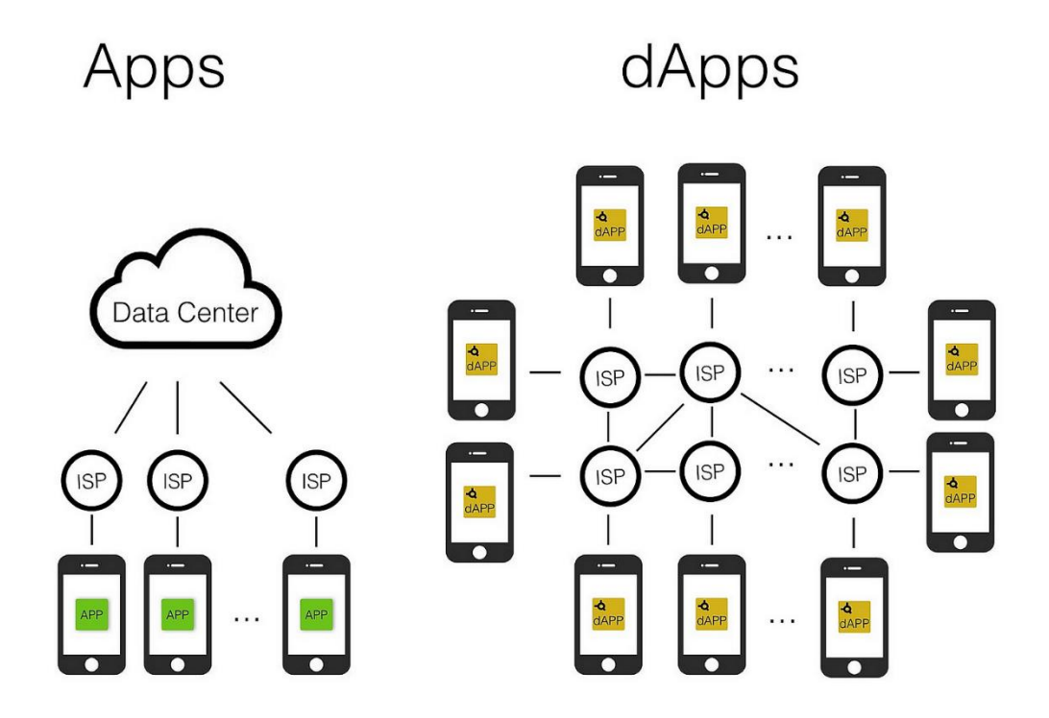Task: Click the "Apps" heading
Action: click(154, 69)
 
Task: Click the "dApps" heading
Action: click(709, 69)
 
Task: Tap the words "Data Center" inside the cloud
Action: click(184, 313)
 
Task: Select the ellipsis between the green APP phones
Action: click(247, 619)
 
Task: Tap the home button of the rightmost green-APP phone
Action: click(316, 664)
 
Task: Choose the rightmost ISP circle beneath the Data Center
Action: click(316, 482)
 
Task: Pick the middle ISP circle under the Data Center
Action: click(178, 482)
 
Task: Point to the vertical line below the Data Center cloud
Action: click(178, 407)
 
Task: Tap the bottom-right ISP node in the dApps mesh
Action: click(852, 472)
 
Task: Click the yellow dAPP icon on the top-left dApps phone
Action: click(609, 225)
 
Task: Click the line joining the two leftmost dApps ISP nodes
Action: click(609, 424)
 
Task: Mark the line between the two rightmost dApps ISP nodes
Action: click(853, 424)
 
